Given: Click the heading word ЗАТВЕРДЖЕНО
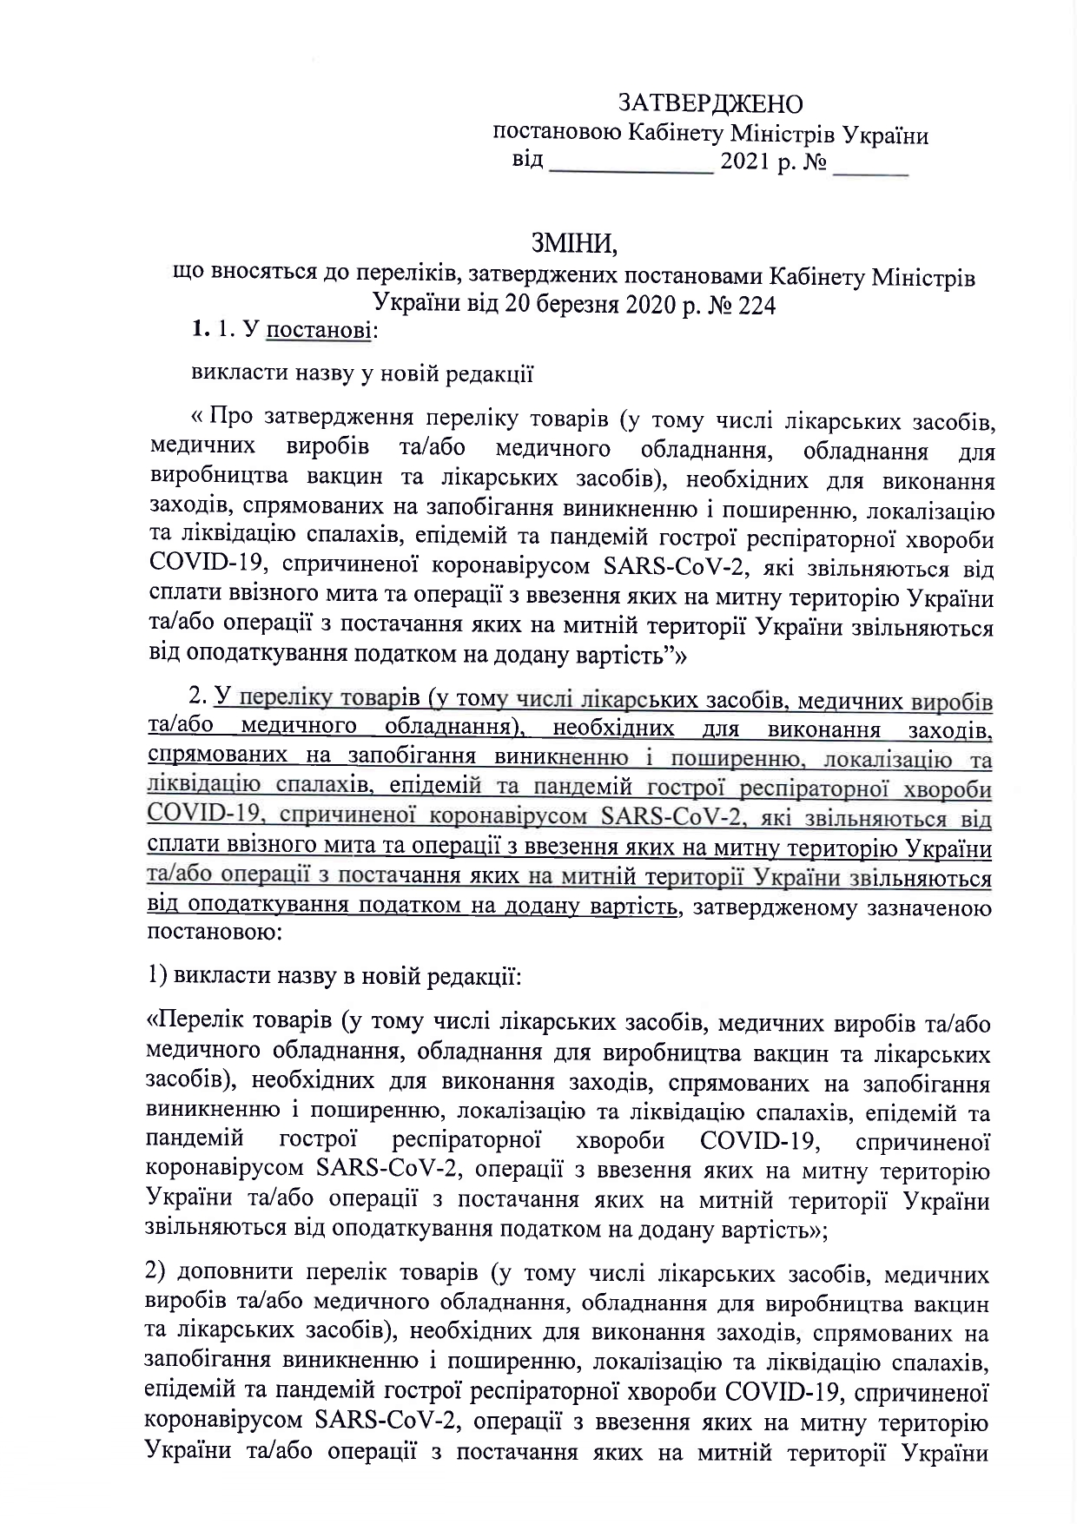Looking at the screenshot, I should tap(710, 103).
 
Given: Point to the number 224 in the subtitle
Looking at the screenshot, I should tap(755, 305).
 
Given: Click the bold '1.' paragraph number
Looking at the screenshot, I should tap(201, 331).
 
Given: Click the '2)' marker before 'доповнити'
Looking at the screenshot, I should tap(159, 1274).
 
